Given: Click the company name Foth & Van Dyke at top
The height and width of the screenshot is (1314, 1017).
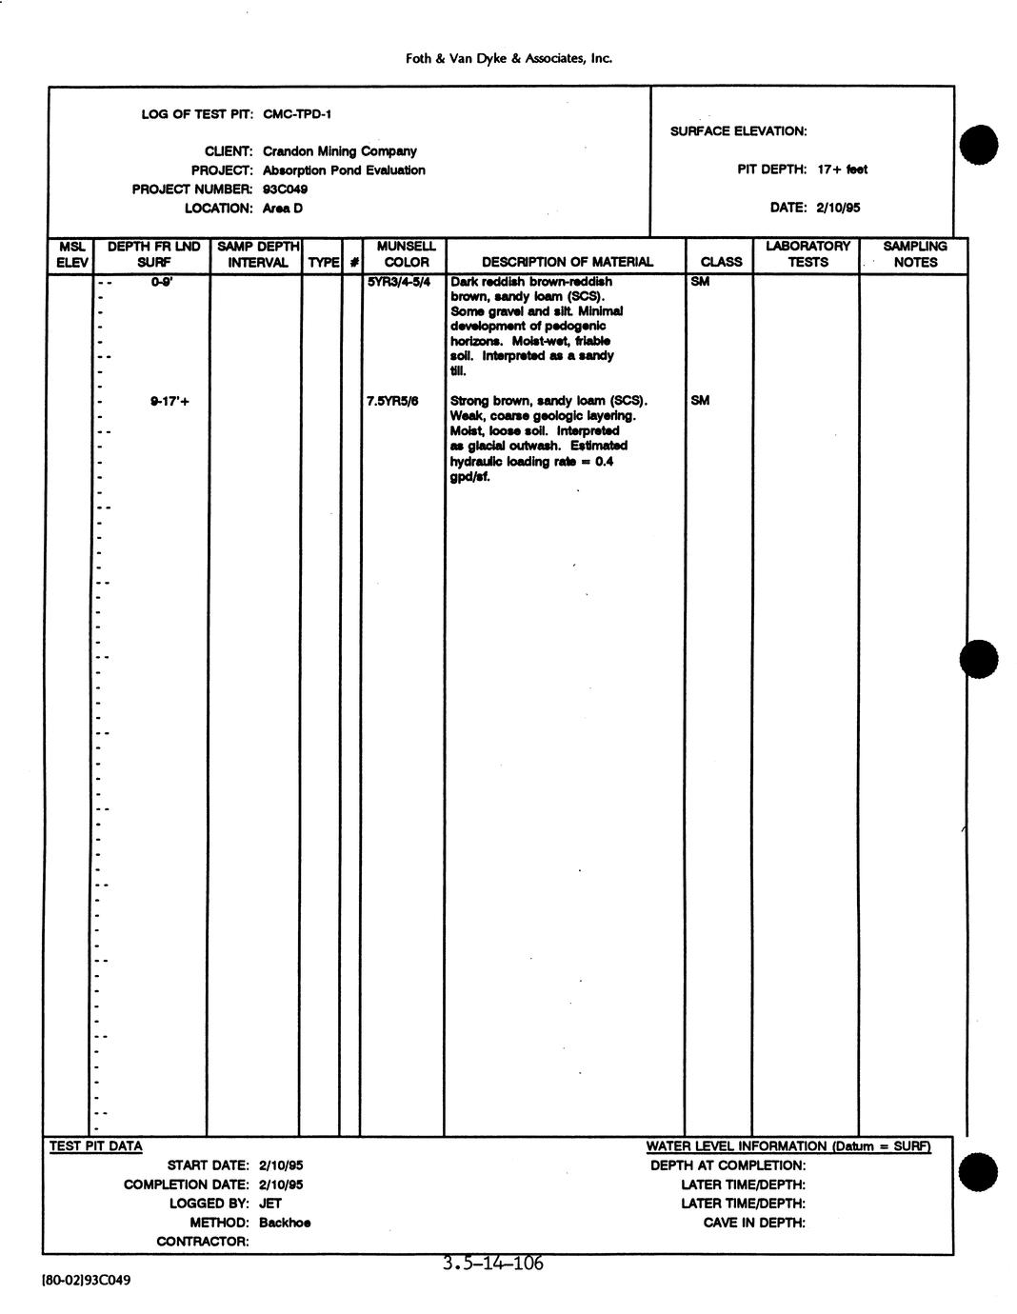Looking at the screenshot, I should (x=508, y=58).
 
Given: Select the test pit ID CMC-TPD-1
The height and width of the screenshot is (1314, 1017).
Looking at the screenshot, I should (x=297, y=114).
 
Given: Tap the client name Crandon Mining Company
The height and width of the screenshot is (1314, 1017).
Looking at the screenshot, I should (x=339, y=151).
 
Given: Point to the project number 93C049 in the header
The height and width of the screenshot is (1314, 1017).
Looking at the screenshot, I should (x=285, y=189).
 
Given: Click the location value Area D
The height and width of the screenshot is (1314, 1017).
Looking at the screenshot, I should (x=282, y=209).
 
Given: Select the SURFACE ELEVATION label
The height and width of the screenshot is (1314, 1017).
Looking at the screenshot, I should (x=738, y=131).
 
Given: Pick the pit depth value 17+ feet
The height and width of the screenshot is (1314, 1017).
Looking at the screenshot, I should (x=842, y=169).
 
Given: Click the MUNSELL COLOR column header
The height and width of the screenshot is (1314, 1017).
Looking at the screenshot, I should (x=407, y=254).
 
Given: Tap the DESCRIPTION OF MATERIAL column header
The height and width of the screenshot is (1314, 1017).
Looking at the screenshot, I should (x=568, y=262).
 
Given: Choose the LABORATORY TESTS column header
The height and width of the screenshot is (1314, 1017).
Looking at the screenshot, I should (x=808, y=254).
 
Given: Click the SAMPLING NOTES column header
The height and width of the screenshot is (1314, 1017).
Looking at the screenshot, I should (x=915, y=254).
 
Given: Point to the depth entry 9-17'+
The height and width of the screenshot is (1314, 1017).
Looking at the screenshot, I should (x=169, y=401).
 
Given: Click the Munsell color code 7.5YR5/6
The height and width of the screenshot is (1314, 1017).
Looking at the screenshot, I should (x=392, y=401).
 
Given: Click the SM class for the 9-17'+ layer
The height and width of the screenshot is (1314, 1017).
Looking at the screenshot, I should (x=700, y=401).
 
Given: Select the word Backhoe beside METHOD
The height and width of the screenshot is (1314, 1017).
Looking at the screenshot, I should (x=285, y=1223).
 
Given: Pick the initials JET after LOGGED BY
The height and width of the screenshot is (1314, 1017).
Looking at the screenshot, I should (x=270, y=1204).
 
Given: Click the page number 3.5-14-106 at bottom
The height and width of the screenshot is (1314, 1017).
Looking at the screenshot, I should (x=492, y=1264).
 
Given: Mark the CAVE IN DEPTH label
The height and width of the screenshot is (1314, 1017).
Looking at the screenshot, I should (x=754, y=1223).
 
